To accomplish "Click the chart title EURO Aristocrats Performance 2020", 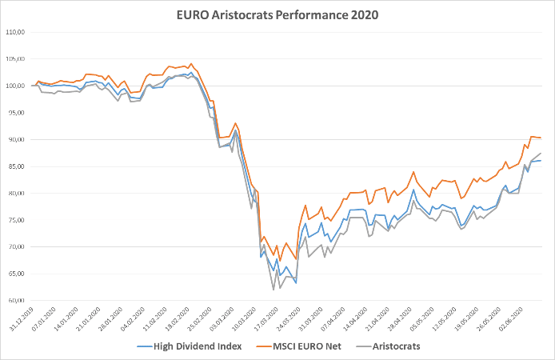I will pyautogui.click(x=278, y=14).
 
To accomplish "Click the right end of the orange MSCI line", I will pyautogui.click(x=541, y=138).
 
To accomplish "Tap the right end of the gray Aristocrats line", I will pyautogui.click(x=541, y=153).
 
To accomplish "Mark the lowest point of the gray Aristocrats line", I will pyautogui.click(x=274, y=289).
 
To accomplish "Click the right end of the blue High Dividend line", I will pyautogui.click(x=541, y=161).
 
